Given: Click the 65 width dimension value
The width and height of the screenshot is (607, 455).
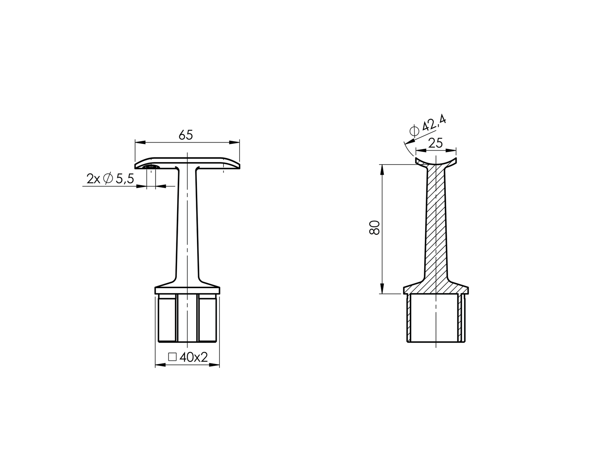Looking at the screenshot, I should coord(186,135).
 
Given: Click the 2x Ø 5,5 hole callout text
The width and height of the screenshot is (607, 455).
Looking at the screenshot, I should coord(110,178).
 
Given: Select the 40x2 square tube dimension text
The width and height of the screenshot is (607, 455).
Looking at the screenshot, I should coord(193,357).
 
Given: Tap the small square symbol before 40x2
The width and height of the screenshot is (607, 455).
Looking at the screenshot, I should coord(172,357).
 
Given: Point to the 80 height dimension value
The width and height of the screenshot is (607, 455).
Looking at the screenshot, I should coord(375,227).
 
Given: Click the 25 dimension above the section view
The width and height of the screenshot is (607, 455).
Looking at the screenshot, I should coord(435,143).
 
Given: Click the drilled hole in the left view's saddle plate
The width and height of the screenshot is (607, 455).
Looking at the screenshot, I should coord(151,167).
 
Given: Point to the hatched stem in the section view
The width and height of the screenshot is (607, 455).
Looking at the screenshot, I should coord(436,224).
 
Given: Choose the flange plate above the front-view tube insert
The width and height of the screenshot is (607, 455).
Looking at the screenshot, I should coord(187,290).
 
